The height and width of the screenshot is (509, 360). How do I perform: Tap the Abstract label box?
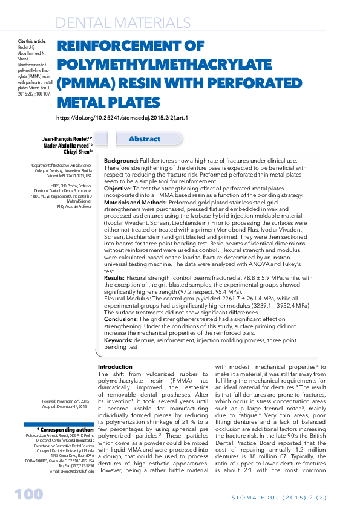[145, 139]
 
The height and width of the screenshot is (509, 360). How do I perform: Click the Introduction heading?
[115, 367]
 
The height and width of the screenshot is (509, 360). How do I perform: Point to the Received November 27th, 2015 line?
[65, 401]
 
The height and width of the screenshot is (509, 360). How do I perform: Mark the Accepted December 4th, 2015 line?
[65, 407]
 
